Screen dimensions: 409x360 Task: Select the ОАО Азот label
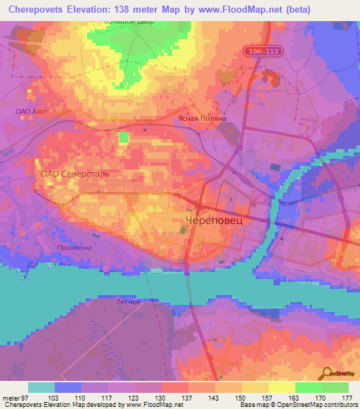pyautogui.click(x=30, y=111)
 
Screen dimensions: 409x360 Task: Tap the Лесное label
pyautogui.click(x=127, y=302)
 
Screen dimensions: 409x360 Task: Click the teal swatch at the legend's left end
pyautogui.click(x=41, y=387)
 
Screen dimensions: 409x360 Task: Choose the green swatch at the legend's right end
pyautogui.click(x=335, y=387)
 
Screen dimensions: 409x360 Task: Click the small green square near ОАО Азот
pyautogui.click(x=124, y=136)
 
